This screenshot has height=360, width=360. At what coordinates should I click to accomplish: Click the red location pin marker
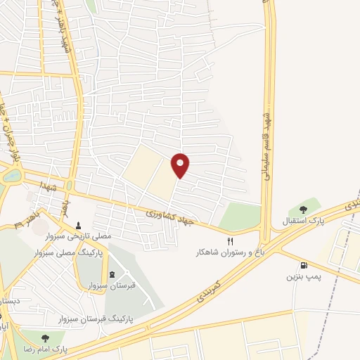(x=181, y=165)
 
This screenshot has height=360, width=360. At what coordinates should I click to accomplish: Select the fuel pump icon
(x=304, y=266)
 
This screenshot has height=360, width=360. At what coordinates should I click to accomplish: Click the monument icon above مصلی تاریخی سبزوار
(x=79, y=226)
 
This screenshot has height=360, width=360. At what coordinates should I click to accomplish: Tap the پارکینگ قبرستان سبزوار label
(x=102, y=319)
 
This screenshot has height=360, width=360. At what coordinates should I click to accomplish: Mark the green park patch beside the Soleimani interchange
(x=241, y=217)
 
